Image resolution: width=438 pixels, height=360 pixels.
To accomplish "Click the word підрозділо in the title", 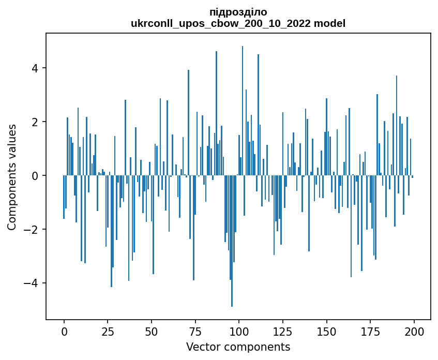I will [238, 12].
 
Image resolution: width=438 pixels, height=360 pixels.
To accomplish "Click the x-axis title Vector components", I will [238, 347].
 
